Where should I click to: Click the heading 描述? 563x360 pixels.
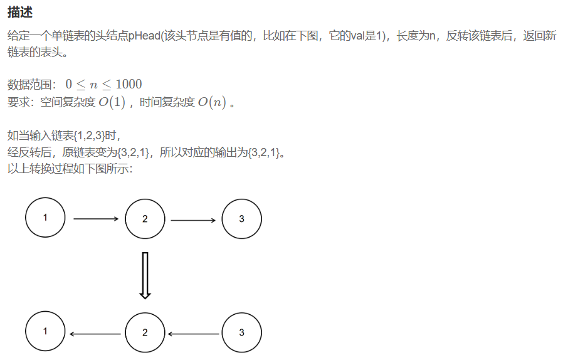pos(20,13)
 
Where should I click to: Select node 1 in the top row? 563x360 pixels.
pos(45,218)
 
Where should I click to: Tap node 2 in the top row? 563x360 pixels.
pos(145,219)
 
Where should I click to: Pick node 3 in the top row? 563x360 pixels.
pos(242,219)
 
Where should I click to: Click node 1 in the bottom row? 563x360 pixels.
pos(45,332)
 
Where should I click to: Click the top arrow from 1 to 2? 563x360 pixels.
pos(96,219)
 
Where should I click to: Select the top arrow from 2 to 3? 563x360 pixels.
pos(193,220)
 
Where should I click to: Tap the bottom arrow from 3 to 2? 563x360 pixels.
pos(193,334)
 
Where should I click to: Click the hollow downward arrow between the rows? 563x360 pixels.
pos(145,275)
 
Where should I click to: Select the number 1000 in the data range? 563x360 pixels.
pos(129,84)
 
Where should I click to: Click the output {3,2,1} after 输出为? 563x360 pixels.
pos(265,152)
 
